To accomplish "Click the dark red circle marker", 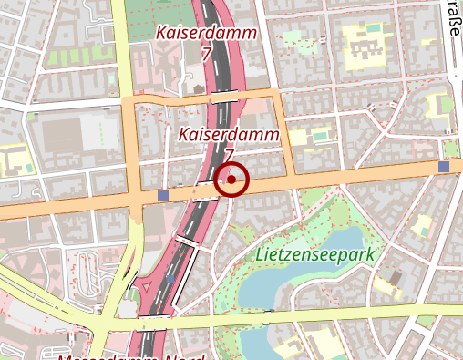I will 231,180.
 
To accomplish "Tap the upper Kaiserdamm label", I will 206,32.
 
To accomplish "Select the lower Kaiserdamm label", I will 229,135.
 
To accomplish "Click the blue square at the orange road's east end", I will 444,167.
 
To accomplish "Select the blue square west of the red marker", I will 163,195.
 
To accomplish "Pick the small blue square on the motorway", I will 171,278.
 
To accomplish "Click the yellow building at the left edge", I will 13,163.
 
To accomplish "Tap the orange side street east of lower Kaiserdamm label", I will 287,137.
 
